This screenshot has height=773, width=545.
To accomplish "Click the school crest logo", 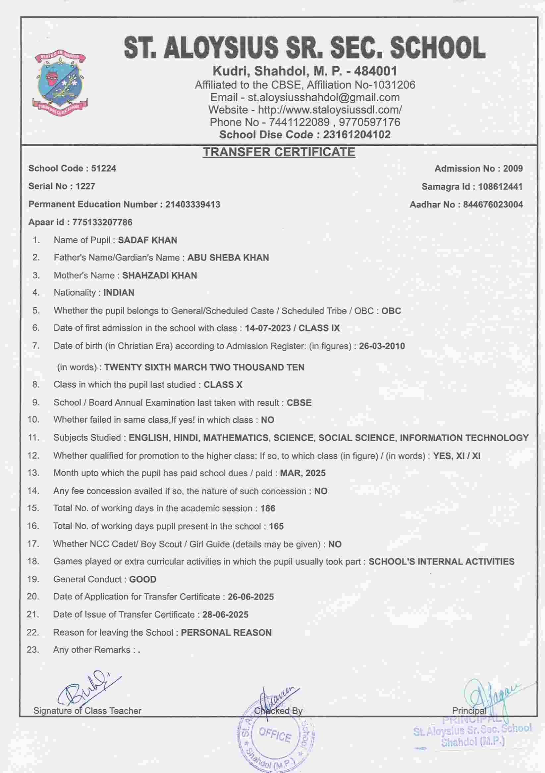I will pyautogui.click(x=60, y=82).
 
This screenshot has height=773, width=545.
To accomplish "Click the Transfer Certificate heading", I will pyautogui.click(x=279, y=152).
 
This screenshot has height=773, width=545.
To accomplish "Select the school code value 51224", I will pyautogui.click(x=103, y=168).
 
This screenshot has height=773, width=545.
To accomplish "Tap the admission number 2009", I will pyautogui.click(x=513, y=168).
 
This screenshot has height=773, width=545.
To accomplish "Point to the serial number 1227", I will pyautogui.click(x=85, y=186).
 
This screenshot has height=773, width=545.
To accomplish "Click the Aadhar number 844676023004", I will pyautogui.click(x=493, y=204).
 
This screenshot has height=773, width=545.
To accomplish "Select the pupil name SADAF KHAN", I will pyautogui.click(x=147, y=240).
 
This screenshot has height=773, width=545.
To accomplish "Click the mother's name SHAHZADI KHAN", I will pyautogui.click(x=159, y=275).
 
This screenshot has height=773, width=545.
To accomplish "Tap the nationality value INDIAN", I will pyautogui.click(x=119, y=293).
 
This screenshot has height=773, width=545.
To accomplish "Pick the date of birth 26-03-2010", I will pyautogui.click(x=382, y=346).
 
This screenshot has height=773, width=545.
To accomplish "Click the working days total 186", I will pyautogui.click(x=268, y=508).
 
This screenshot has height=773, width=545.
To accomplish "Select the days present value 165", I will pyautogui.click(x=276, y=526).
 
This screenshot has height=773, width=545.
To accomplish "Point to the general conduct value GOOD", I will pyautogui.click(x=143, y=579).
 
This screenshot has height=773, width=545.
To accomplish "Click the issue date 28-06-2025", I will pyautogui.click(x=225, y=614).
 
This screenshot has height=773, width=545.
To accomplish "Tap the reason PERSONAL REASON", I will pyautogui.click(x=226, y=633).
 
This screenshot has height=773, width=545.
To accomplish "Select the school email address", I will pyautogui.click(x=324, y=97).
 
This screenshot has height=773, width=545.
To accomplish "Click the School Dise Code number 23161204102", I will pyautogui.click(x=357, y=135).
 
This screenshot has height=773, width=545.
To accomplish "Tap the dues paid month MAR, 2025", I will pyautogui.click(x=303, y=473).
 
